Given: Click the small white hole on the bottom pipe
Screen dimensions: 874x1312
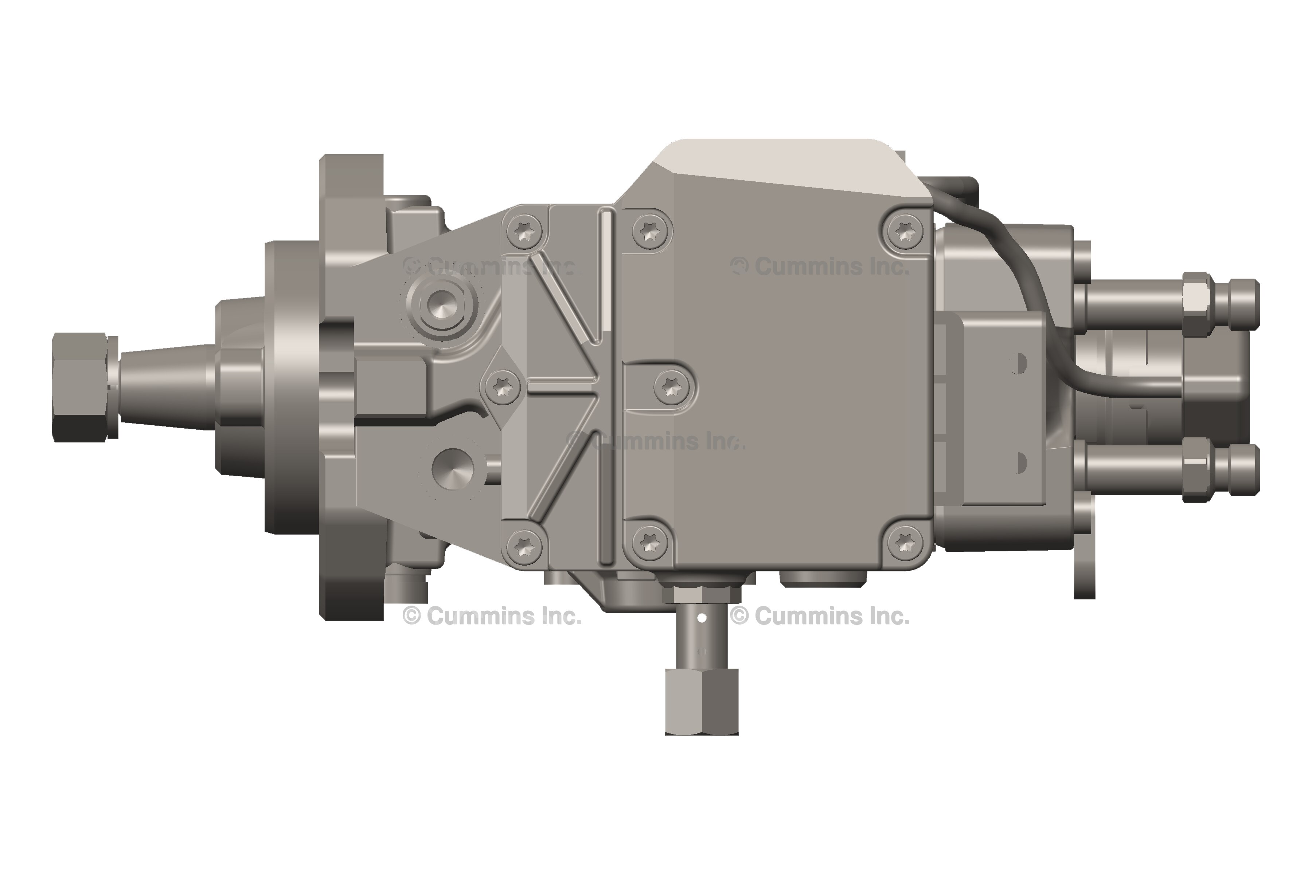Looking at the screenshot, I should [x=702, y=618].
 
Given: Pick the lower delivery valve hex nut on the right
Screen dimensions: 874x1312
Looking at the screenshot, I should [x=1195, y=469].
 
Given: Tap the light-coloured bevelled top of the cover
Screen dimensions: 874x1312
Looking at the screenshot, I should [x=781, y=162].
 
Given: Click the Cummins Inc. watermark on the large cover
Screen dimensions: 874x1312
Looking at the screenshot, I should [x=820, y=267].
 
